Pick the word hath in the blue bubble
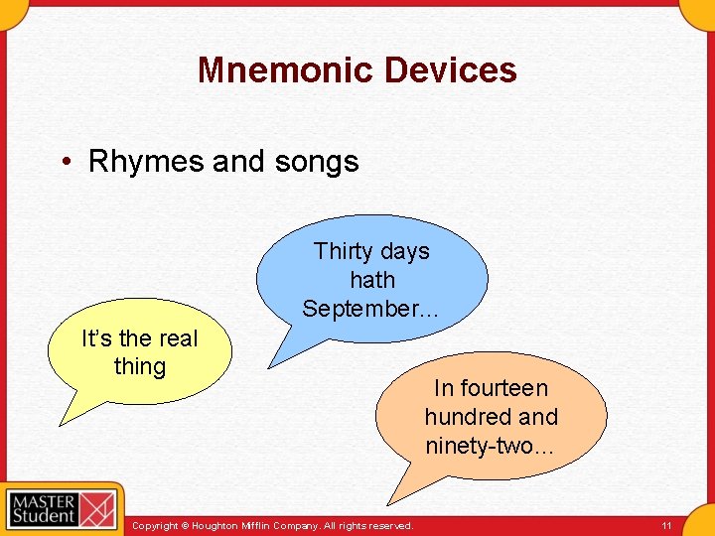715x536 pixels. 372,280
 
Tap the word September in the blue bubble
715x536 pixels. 366,309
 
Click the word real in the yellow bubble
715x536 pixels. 178,338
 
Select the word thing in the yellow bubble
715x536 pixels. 140,366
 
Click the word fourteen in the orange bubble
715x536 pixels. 505,388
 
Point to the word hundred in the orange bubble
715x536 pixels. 465,417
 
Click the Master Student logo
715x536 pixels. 60,508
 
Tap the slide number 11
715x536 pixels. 666,524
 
